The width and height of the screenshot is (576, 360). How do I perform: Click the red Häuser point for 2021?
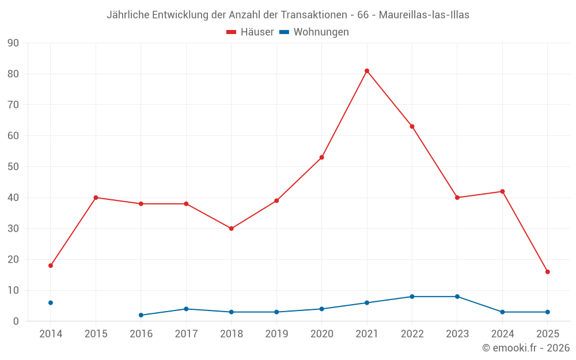coord(367,71)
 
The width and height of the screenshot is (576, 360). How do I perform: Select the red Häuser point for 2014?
coord(51,266)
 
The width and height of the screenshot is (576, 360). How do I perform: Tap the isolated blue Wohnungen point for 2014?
coord(51,302)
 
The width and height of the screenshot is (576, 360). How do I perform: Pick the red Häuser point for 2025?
coord(547,272)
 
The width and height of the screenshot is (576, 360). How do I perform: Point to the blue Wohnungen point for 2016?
coord(141,315)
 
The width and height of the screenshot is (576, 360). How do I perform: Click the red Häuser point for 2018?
coord(231,229)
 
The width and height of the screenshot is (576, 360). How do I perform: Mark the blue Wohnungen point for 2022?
coord(412,297)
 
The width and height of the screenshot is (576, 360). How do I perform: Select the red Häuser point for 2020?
coord(321,157)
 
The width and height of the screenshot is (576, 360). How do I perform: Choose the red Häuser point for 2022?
coord(412,126)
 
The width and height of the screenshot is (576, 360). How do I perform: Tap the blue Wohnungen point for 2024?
coord(502,312)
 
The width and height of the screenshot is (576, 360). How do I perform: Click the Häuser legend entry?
coord(250,32)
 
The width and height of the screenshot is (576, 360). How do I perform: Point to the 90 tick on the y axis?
coord(13,43)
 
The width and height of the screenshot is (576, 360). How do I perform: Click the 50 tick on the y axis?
coord(13,167)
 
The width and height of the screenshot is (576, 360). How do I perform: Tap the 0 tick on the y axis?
coord(16,321)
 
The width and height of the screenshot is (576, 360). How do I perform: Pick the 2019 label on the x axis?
coord(276,334)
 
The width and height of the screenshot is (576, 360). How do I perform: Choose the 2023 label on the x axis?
coord(457,334)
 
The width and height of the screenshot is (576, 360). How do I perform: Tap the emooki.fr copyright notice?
coord(525,348)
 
